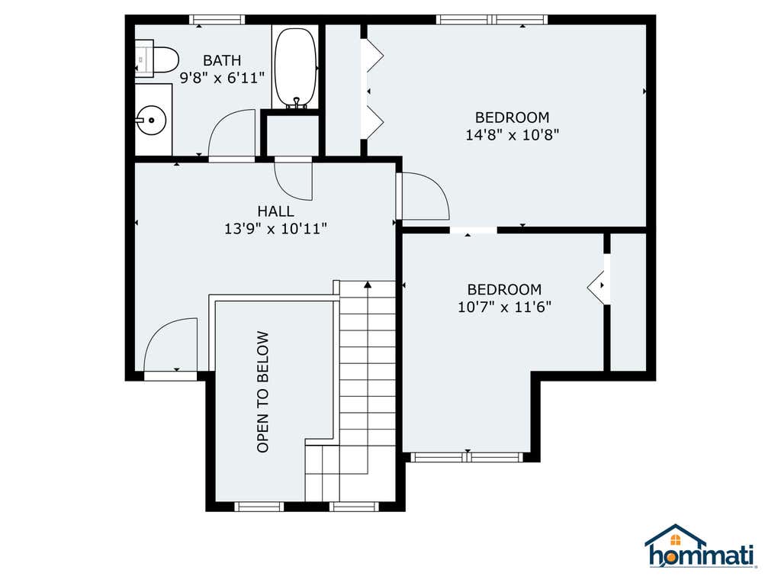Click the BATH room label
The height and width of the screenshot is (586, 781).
tap(222, 60)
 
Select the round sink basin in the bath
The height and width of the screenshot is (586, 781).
tap(151, 120)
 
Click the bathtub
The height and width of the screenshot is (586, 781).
tap(295, 68)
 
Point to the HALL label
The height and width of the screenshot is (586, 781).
tap(275, 211)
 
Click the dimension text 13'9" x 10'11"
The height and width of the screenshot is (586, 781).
tap(275, 229)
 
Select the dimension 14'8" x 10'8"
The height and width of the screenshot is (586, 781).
tap(512, 134)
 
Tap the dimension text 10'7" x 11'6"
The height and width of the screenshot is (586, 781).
tap(505, 307)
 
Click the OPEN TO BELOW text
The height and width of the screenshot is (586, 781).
tap(262, 392)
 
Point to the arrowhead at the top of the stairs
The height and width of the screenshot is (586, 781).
tap(368, 285)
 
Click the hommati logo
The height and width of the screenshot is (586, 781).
tap(701, 546)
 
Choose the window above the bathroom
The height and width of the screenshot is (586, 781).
tap(217, 20)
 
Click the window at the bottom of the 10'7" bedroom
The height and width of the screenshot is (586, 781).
tap(468, 457)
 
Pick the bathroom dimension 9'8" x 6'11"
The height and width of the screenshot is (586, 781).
tap(222, 78)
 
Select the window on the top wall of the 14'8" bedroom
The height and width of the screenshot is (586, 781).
tap(492, 20)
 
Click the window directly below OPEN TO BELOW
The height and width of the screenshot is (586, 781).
tap(259, 507)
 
